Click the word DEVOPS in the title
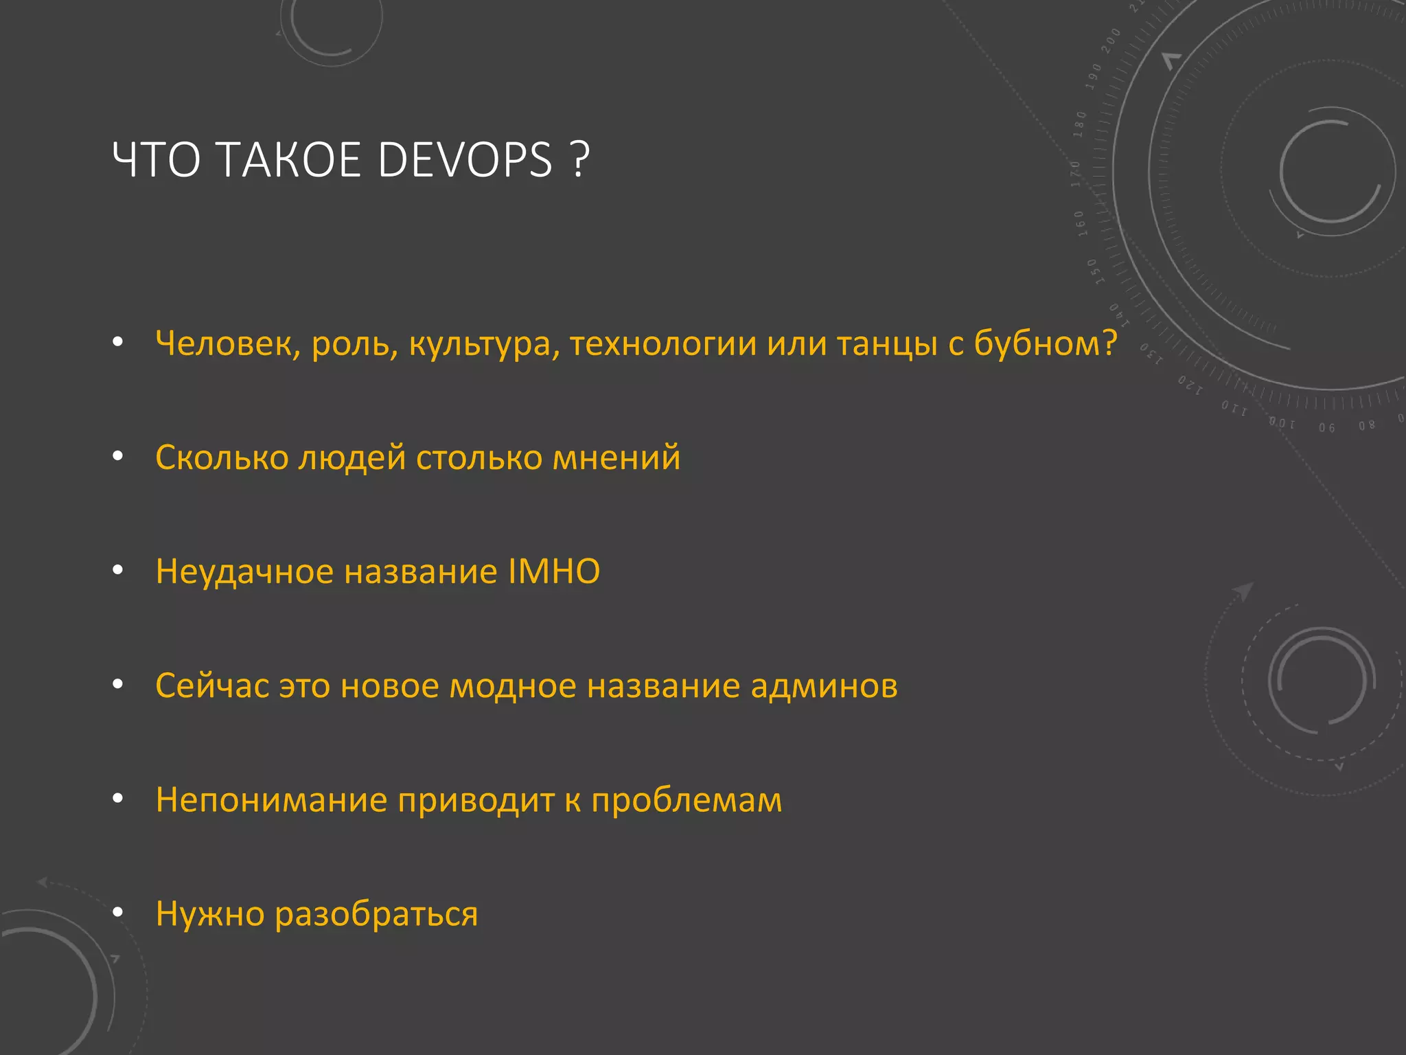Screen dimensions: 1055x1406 tap(465, 161)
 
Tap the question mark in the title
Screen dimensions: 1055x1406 tap(580, 161)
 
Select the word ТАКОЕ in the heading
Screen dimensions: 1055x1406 tap(288, 161)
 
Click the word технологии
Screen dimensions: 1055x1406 tap(662, 343)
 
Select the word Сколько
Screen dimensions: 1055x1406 tap(222, 457)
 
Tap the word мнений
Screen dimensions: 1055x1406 tap(616, 457)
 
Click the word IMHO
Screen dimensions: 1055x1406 tap(553, 571)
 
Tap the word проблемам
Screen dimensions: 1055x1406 tap(687, 800)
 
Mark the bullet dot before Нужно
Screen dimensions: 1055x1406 tap(118, 912)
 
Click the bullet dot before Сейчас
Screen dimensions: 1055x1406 tap(118, 684)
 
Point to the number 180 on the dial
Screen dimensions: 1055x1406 tap(1079, 124)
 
